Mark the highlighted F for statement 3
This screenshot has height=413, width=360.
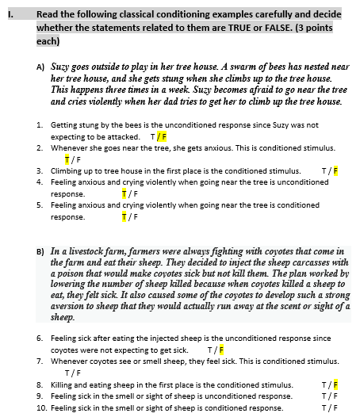(x=335, y=170)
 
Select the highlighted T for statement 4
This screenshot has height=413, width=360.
(x=123, y=193)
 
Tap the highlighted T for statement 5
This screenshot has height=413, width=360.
(x=123, y=216)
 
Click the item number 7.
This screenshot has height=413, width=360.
(x=40, y=361)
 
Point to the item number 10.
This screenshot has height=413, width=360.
(x=41, y=407)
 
